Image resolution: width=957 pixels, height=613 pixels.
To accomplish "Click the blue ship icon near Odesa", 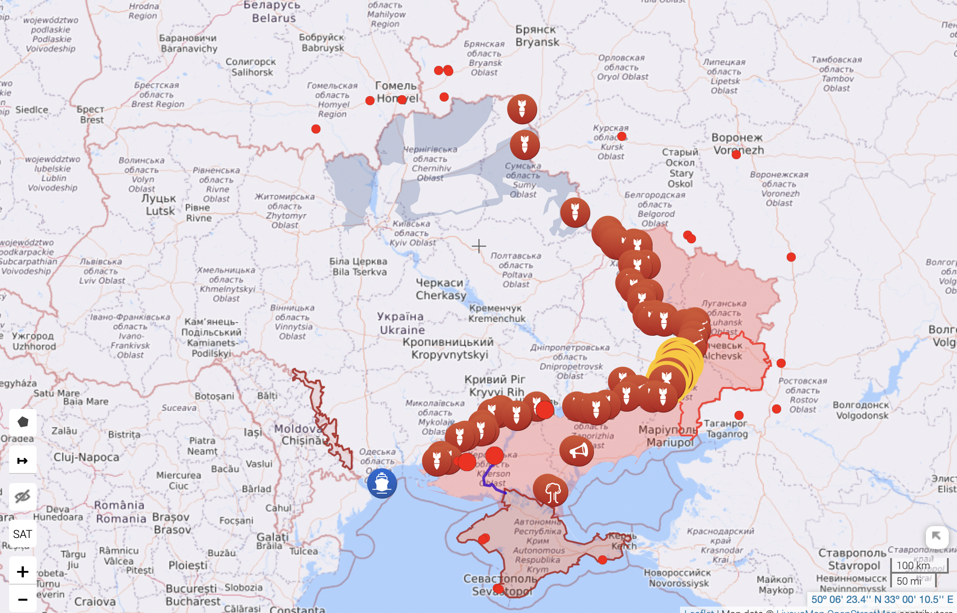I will click(382, 483).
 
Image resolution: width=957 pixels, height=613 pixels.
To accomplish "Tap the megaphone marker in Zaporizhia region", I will click(577, 451).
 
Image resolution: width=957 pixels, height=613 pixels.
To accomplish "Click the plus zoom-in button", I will click(22, 571).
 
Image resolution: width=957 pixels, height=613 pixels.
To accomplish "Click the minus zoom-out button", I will click(22, 599).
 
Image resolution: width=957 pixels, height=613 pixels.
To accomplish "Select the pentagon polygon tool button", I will click(23, 422).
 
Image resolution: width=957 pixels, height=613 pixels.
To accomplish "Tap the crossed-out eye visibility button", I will click(22, 496).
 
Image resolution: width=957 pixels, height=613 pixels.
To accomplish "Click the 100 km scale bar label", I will click(913, 565).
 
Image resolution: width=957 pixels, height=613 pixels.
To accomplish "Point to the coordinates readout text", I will click(881, 599).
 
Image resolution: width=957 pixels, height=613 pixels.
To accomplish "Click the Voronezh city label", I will click(738, 144).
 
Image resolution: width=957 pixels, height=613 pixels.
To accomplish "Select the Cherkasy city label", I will click(440, 289).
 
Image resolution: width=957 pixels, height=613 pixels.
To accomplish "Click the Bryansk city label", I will click(537, 36).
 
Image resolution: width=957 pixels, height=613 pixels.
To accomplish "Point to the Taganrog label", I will click(727, 429).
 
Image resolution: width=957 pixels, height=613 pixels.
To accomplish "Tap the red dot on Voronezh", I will click(736, 155).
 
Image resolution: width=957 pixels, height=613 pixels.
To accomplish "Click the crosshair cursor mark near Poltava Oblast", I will click(479, 246).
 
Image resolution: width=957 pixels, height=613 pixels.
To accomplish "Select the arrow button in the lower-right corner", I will click(936, 536).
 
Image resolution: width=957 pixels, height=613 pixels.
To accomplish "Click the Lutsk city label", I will click(159, 204).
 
